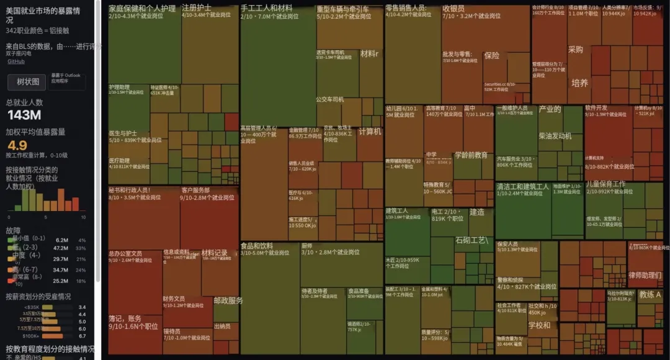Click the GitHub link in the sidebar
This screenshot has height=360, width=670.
click(x=16, y=61)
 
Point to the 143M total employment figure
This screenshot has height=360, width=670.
click(x=24, y=115)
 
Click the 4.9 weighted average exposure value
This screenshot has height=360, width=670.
click(x=17, y=145)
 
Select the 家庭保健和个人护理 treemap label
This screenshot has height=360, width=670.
click(x=142, y=9)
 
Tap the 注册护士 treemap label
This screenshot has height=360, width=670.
click(x=197, y=8)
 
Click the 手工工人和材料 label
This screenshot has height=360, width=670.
click(x=266, y=8)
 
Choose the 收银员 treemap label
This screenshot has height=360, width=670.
click(x=453, y=9)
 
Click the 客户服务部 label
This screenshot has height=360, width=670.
click(x=195, y=190)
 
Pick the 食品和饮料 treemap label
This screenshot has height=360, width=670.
click(x=257, y=246)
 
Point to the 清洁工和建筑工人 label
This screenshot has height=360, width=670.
click(x=523, y=186)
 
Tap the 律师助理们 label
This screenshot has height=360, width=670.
click(x=645, y=275)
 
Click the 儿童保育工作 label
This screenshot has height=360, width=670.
click(x=606, y=184)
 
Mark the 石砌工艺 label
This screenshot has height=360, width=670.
click(x=472, y=240)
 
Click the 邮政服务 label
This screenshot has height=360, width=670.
click(x=228, y=300)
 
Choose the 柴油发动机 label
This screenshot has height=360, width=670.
click(x=555, y=136)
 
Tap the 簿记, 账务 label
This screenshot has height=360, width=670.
click(x=125, y=318)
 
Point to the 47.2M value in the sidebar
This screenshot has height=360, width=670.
click(x=61, y=248)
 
